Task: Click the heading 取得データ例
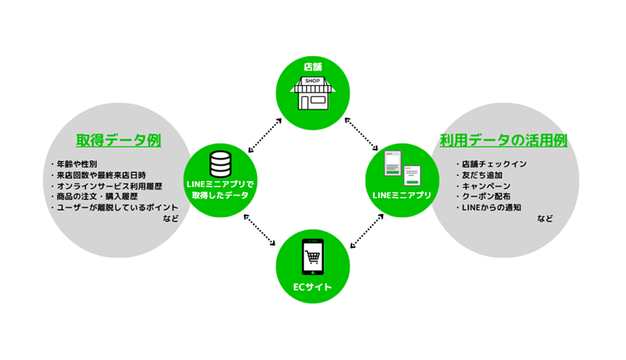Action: [119, 140]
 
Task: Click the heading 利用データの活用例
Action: [503, 140]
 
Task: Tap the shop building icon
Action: [313, 93]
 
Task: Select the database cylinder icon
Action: [220, 165]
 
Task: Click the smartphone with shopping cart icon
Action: [313, 257]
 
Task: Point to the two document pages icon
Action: [402, 168]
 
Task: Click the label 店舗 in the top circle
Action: [313, 67]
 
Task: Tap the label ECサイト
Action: [313, 286]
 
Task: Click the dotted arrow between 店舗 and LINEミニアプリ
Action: [361, 134]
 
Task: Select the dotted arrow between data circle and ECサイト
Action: [260, 230]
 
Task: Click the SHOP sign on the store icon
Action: [312, 81]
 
